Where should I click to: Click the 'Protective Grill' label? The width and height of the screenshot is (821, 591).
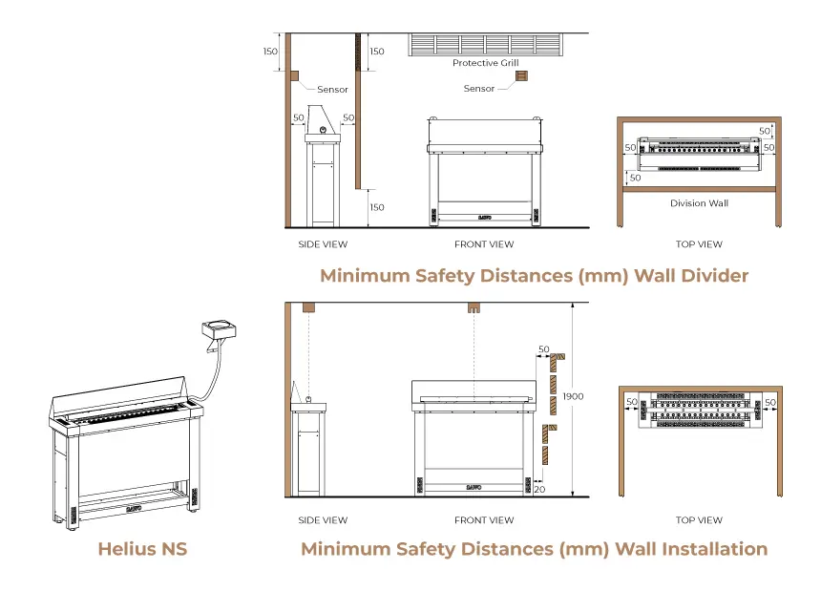pyautogui.click(x=485, y=63)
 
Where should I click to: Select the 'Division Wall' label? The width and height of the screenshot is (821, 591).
pyautogui.click(x=699, y=203)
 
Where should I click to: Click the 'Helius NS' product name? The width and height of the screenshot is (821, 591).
pyautogui.click(x=142, y=549)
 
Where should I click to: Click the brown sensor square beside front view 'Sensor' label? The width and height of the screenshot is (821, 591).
pyautogui.click(x=521, y=75)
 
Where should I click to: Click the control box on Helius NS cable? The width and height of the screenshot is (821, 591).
pyautogui.click(x=218, y=329)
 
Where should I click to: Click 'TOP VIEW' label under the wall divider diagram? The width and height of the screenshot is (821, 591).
pyautogui.click(x=699, y=244)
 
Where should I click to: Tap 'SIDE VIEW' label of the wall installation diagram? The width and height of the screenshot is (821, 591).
pyautogui.click(x=323, y=520)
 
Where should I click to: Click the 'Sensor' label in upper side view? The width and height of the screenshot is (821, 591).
pyautogui.click(x=332, y=90)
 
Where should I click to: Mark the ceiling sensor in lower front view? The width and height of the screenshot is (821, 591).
pyautogui.click(x=472, y=309)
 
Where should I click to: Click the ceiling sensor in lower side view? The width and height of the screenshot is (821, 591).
pyautogui.click(x=308, y=308)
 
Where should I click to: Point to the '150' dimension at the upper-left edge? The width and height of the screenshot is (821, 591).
pyautogui.click(x=272, y=52)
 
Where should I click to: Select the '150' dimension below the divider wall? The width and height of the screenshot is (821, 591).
pyautogui.click(x=376, y=207)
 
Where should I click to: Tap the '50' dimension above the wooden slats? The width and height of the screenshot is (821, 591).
pyautogui.click(x=544, y=349)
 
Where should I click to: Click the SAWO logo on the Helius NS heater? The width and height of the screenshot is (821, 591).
pyautogui.click(x=135, y=509)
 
